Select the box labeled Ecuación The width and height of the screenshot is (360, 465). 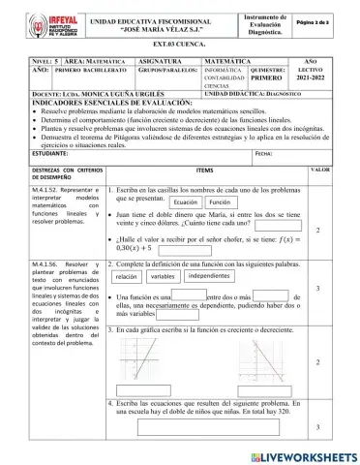185,203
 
